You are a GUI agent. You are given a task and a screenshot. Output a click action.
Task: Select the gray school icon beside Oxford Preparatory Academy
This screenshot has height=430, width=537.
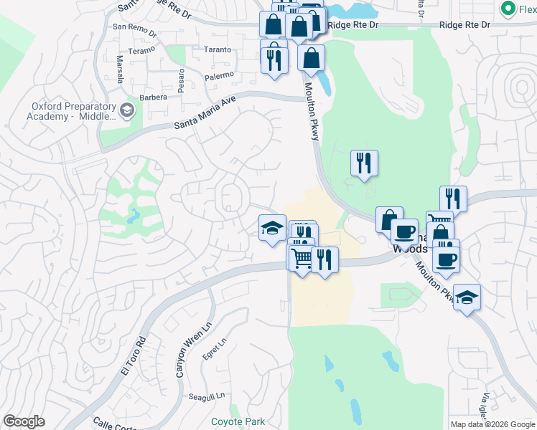(127, 110)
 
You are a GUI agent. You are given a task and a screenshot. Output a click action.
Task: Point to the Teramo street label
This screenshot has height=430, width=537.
(141, 52)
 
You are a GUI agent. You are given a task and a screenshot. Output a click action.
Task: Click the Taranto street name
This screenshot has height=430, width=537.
(217, 50)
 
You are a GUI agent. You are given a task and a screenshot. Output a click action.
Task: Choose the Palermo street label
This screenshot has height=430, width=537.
(219, 75)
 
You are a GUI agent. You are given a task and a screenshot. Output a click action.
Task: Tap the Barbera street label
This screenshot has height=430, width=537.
(153, 97)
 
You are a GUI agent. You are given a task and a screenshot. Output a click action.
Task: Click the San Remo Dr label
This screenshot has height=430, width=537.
(134, 27)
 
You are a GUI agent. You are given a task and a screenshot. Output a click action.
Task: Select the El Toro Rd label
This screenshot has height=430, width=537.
(133, 356)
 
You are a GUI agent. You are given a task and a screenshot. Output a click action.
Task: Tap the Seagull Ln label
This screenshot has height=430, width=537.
(207, 396)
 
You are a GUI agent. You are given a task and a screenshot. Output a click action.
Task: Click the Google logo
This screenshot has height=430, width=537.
(24, 421)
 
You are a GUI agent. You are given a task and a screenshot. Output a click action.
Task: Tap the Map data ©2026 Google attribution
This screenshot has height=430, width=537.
(492, 424)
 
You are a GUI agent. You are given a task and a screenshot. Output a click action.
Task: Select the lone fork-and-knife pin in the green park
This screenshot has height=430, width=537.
(364, 163)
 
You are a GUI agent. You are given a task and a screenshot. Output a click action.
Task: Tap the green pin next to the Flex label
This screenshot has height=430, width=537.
(508, 9)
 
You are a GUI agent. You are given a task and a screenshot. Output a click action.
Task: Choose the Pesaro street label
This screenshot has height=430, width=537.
(182, 76)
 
